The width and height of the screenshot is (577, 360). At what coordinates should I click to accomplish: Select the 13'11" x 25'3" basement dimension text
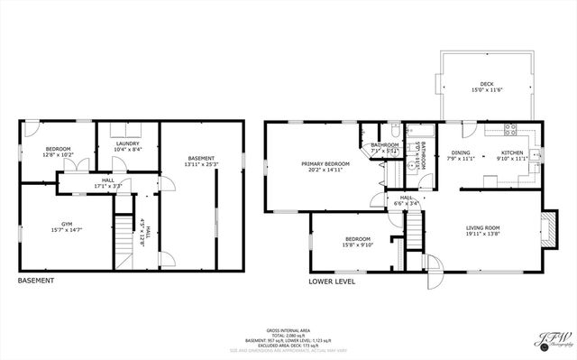click(201, 164)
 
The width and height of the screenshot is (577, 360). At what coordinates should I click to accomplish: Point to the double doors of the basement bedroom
click(81, 166)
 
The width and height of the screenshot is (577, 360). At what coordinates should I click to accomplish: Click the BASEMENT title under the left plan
click(36, 281)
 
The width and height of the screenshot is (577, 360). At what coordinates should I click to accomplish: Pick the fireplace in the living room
click(546, 229)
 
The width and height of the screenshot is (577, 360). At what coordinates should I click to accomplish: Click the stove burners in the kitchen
click(508, 129)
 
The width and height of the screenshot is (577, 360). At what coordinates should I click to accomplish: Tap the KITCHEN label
click(512, 152)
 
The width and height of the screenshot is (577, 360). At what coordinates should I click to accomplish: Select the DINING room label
click(461, 152)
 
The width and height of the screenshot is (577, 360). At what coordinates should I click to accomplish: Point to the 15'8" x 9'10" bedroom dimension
click(358, 245)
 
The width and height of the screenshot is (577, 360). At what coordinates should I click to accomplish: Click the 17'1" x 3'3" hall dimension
click(106, 187)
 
